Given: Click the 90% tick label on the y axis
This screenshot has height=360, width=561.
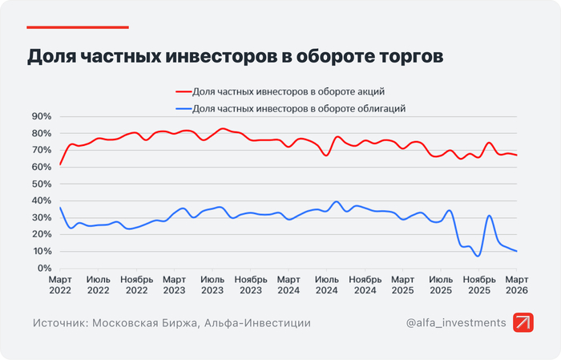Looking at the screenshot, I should point(41,116).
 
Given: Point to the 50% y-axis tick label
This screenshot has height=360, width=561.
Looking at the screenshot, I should point(41,184).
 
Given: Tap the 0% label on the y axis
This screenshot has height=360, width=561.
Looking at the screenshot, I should point(44,269).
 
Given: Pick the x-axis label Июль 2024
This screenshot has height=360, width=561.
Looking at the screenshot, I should point(328,284).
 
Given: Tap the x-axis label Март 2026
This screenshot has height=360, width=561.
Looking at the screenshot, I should point(516,284).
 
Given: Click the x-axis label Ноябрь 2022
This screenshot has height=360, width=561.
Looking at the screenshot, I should point(136,284).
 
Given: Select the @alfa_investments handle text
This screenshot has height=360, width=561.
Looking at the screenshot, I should point(455,322).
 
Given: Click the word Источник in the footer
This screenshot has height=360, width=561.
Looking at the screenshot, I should point(60,322).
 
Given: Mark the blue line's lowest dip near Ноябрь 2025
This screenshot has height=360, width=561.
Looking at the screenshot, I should point(478,256).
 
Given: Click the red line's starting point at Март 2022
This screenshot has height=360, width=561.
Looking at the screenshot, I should point(61,164).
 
